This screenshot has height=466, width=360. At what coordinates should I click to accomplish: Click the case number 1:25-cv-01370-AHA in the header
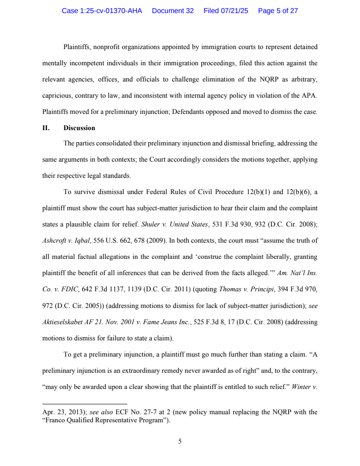[x=102, y=11]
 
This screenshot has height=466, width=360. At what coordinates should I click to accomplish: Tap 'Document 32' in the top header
[x=173, y=11]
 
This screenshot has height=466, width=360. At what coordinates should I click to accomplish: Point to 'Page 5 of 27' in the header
[x=278, y=11]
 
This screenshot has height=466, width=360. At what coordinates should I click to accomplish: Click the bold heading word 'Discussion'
[x=79, y=128]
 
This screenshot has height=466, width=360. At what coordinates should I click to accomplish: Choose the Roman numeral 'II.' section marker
[x=45, y=128]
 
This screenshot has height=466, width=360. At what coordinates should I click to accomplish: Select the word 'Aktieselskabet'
[x=64, y=322]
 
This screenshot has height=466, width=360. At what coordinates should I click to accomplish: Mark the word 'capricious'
[x=57, y=95]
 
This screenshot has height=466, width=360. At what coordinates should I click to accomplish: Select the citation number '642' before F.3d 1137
[x=87, y=290]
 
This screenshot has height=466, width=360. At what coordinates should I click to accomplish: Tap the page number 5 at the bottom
[x=180, y=442]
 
